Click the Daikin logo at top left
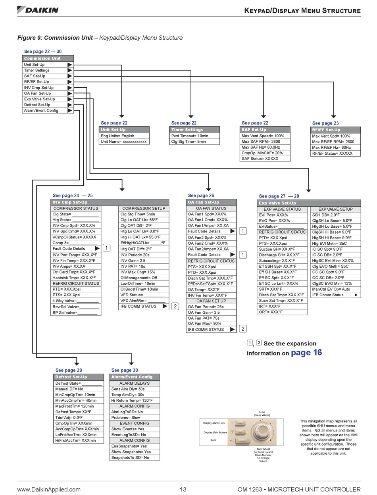38,10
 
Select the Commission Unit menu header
48,58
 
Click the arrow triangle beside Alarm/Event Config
70,111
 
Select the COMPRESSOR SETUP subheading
144,208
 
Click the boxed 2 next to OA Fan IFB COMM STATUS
243,329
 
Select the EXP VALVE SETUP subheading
335,209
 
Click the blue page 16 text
306,353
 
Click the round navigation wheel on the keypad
261,432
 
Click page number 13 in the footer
183,489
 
